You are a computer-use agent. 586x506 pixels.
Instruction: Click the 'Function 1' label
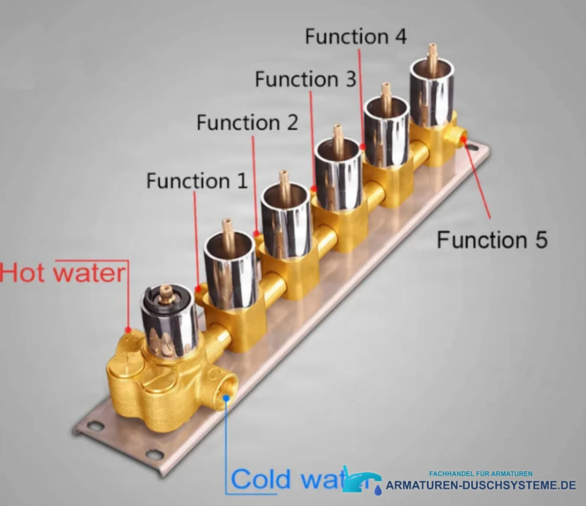(197, 181)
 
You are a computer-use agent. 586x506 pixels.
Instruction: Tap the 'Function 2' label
(248, 122)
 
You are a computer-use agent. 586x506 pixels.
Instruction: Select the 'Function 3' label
(306, 79)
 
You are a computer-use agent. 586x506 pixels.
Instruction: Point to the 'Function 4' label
(356, 37)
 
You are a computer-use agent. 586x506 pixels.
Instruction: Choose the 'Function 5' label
(492, 240)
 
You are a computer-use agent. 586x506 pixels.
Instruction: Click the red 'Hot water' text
(63, 273)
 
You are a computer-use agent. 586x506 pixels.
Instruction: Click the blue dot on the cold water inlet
(226, 398)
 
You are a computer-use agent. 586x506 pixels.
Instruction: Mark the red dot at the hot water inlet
(128, 330)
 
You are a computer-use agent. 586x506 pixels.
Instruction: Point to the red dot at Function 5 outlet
(463, 139)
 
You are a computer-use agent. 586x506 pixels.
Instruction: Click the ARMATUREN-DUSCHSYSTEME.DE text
(481, 486)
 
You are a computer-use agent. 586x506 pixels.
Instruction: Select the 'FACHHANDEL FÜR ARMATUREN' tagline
(481, 474)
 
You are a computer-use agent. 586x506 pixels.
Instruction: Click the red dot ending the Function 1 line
(198, 288)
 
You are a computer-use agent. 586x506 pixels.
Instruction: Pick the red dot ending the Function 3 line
(314, 188)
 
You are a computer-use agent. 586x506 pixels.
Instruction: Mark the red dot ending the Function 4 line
(362, 146)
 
